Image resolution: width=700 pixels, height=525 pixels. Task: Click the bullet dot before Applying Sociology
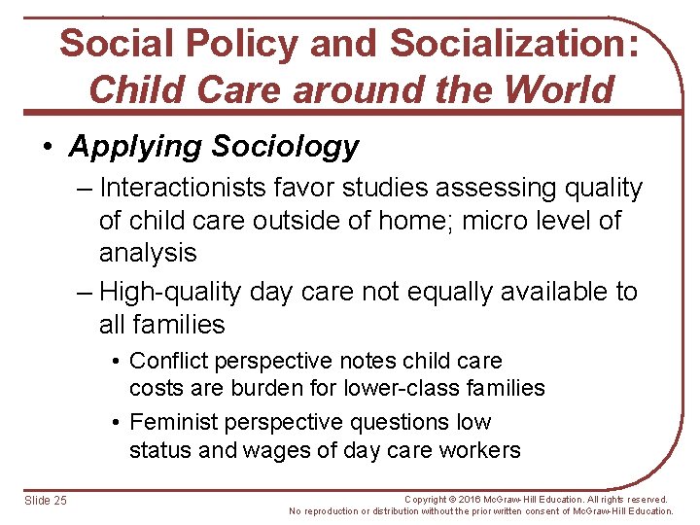pyautogui.click(x=48, y=148)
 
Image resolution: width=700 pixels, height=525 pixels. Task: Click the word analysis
pyautogui.click(x=148, y=253)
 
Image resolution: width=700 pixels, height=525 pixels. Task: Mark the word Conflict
pyautogui.click(x=171, y=361)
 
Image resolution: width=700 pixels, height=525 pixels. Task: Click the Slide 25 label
pyautogui.click(x=46, y=500)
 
